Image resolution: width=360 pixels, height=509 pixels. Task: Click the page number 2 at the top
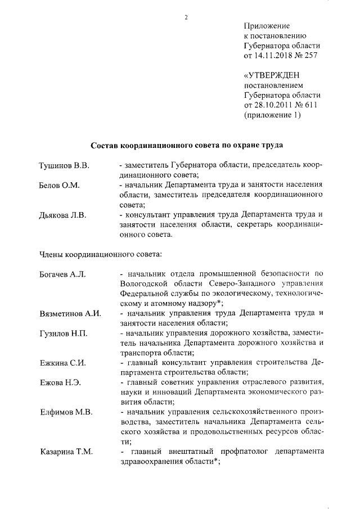click(x=186, y=17)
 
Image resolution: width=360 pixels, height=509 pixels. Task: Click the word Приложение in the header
click(x=267, y=26)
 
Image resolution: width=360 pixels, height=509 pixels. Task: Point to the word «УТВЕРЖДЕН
click(x=272, y=75)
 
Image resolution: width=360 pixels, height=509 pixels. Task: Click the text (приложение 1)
click(x=273, y=116)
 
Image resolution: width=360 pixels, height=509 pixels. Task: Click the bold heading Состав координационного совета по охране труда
click(x=186, y=145)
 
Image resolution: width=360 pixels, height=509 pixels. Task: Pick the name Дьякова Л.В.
click(x=63, y=215)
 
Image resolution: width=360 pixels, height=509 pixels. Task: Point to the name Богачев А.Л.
click(x=62, y=274)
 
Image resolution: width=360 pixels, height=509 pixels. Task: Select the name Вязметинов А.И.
click(x=70, y=313)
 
